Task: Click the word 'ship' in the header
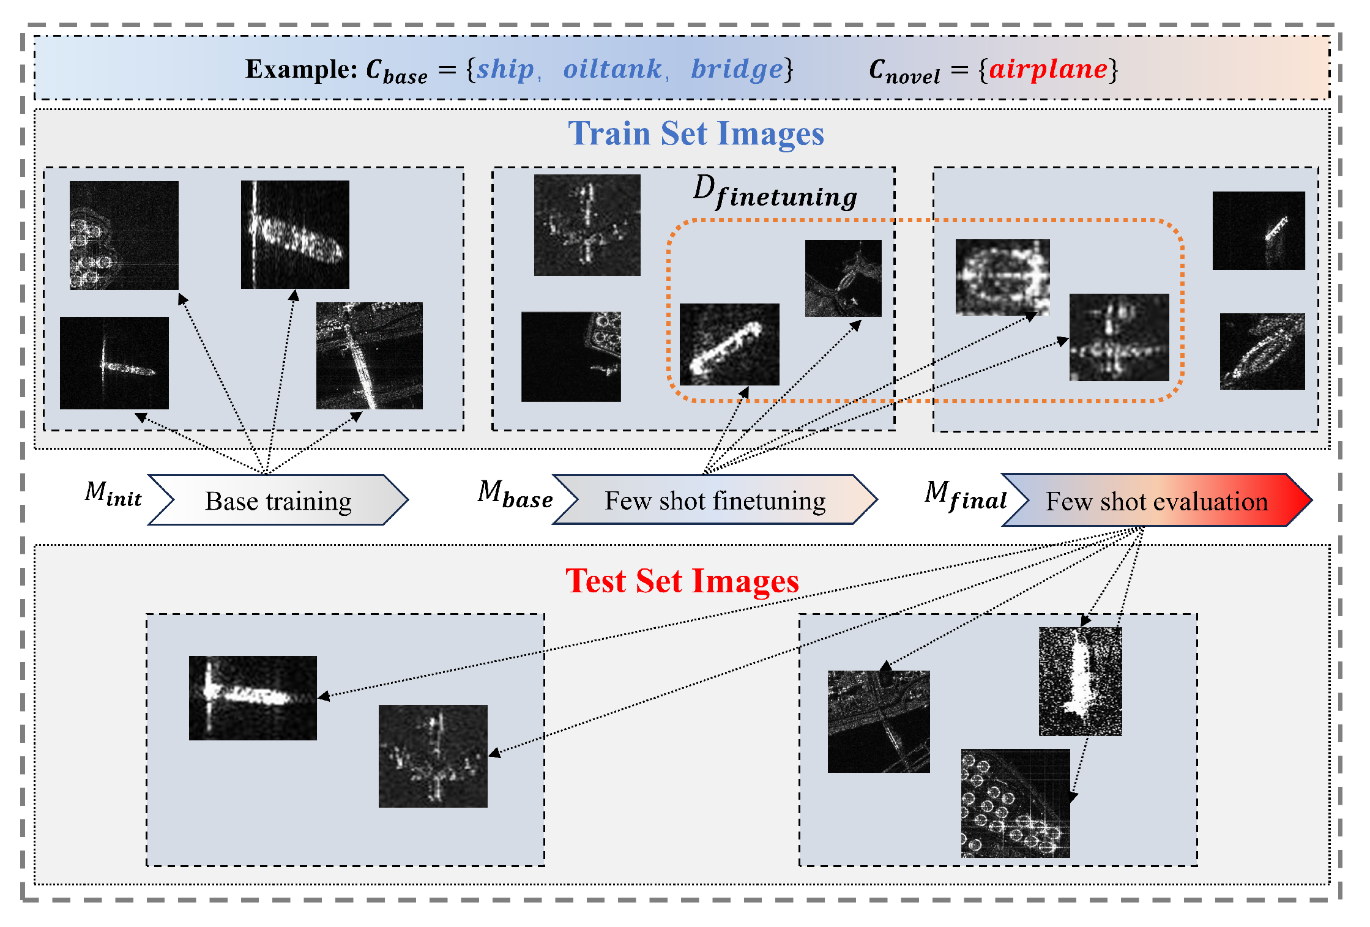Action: (505, 69)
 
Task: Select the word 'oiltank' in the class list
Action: (612, 69)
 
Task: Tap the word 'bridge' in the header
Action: (737, 70)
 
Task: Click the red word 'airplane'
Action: (1048, 69)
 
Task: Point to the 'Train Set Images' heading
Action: (696, 133)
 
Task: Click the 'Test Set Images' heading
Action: (682, 581)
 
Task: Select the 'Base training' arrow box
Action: (278, 501)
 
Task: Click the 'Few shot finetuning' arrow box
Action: (715, 501)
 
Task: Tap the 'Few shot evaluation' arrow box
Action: (1156, 501)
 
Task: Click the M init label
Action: (114, 494)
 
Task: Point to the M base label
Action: (515, 494)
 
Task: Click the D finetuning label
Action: (775, 192)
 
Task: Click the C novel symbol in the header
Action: (904, 71)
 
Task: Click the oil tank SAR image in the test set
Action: (1015, 803)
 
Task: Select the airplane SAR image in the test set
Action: (433, 756)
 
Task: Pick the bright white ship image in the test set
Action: (1080, 681)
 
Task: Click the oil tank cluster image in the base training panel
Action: (124, 235)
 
